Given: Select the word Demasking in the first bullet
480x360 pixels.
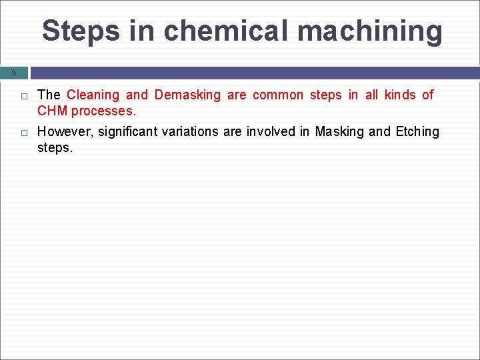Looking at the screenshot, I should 187,95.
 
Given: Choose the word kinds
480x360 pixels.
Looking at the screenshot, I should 399,95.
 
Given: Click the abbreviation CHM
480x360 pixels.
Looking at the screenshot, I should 53,111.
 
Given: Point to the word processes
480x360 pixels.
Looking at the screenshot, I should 103,111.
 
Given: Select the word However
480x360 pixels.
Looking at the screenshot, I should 65,131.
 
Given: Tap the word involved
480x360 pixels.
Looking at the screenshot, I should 271,131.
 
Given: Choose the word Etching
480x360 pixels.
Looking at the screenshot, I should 417,131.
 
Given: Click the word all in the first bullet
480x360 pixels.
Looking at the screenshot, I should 372,95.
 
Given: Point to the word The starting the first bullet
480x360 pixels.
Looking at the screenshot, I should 49,95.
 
